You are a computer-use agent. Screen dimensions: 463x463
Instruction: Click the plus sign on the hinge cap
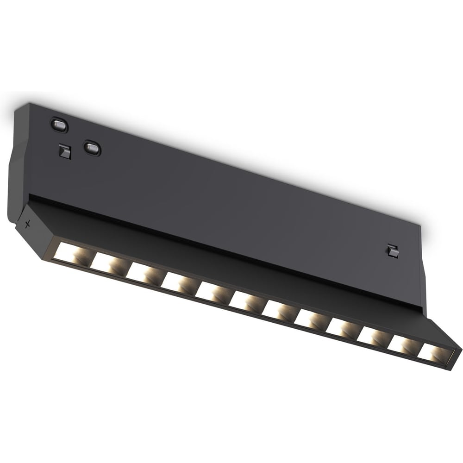pos(28,225)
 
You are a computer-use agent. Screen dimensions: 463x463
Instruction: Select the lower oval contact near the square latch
pos(92,148)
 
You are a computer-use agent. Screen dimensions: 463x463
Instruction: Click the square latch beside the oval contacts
pos(65,151)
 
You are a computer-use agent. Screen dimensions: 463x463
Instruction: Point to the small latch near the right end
pos(394,250)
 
